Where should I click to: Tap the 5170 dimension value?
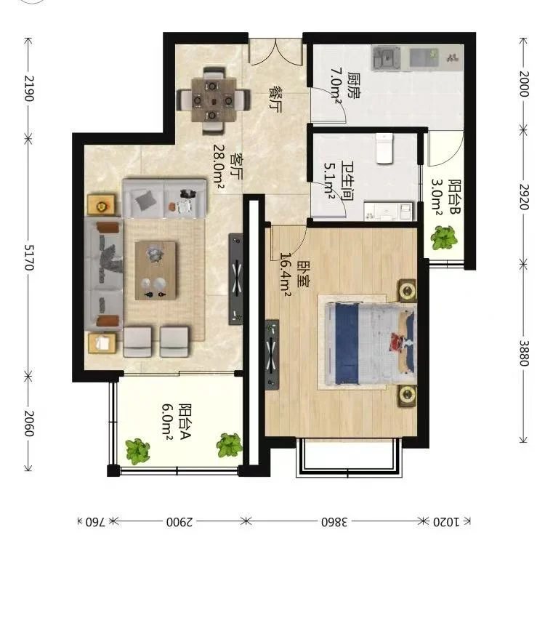(29, 257)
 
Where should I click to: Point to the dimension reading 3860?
(334, 522)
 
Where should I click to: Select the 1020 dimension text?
(446, 522)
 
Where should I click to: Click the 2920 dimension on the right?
(524, 196)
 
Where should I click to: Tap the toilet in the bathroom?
(384, 148)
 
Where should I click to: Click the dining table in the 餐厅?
(214, 100)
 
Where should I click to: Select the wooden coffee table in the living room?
(156, 270)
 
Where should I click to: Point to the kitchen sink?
(387, 59)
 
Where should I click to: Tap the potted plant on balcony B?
(444, 238)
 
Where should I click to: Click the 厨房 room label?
(354, 85)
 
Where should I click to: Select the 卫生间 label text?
(347, 180)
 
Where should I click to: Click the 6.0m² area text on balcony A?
(167, 420)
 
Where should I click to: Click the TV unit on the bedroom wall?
(272, 355)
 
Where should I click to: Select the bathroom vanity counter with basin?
(389, 212)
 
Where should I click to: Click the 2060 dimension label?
(29, 424)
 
